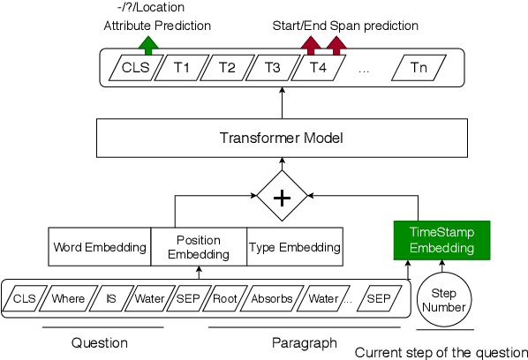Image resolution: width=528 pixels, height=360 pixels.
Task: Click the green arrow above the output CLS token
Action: point(149,43)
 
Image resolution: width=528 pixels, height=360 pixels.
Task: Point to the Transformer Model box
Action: point(281,139)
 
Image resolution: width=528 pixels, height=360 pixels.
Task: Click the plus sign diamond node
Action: point(282,198)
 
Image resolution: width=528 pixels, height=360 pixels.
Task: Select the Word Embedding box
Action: point(99,247)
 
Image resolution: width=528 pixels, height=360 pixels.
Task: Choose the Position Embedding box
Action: point(199,247)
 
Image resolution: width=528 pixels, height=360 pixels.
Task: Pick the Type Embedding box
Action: point(294,247)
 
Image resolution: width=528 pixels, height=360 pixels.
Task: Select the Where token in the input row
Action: point(68,298)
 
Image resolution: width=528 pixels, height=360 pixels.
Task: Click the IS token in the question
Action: point(111,298)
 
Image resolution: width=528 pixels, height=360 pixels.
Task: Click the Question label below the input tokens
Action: point(98,342)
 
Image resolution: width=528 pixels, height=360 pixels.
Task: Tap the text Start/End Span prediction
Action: point(345,26)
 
